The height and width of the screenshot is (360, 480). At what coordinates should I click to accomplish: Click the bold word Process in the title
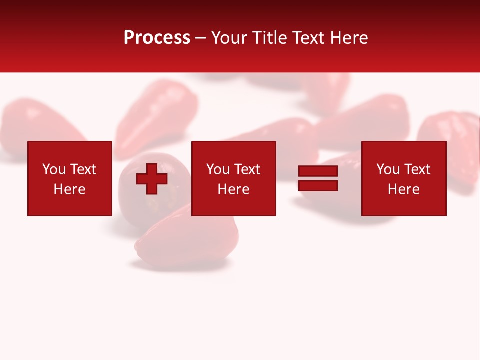coord(157,38)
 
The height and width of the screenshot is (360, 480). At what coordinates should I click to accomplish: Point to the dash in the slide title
coord(201,38)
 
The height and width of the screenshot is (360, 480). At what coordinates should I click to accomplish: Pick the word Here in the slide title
coord(350,38)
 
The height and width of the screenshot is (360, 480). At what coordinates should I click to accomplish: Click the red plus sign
coord(152,179)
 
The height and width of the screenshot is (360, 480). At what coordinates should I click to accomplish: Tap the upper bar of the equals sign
coord(318,171)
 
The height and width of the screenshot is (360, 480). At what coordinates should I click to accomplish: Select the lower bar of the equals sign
coord(318,185)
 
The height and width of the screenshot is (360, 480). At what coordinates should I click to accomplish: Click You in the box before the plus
coord(54,169)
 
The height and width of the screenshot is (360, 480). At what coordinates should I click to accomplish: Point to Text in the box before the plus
coord(82,169)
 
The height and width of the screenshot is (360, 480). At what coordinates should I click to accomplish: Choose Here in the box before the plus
coord(69,189)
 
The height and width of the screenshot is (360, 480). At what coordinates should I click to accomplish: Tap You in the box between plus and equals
coord(218,169)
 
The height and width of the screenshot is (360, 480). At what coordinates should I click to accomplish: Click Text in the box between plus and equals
coord(246,169)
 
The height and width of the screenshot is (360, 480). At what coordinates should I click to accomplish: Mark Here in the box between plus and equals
coord(233,189)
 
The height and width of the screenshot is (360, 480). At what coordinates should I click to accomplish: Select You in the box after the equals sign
coord(388,169)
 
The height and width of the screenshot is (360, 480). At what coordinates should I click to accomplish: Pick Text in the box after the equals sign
coord(416,169)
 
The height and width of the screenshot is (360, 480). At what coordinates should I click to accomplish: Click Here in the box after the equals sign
coord(403,189)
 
